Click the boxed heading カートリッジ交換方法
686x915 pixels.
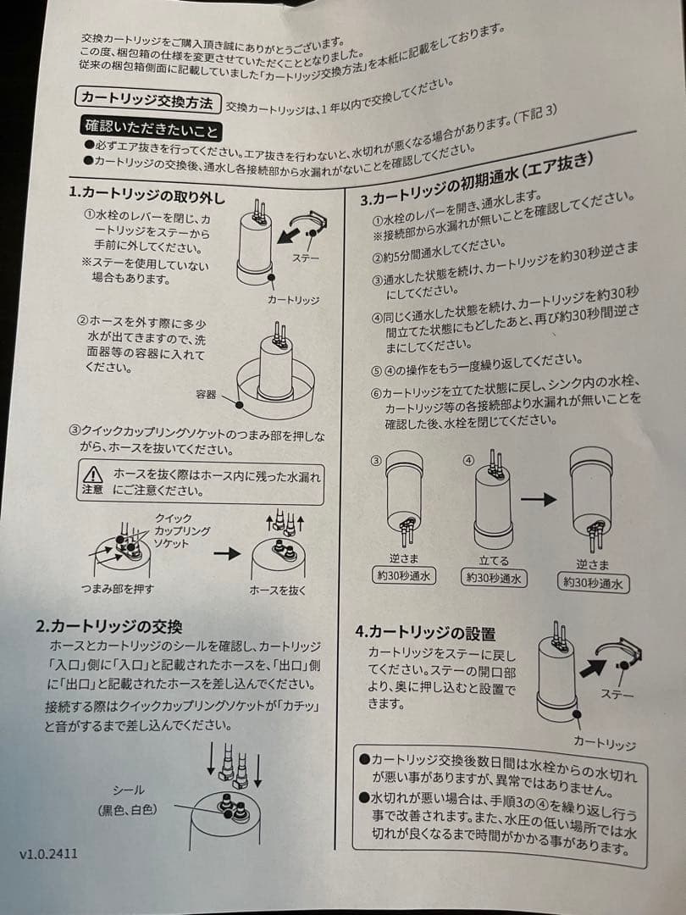[147, 100]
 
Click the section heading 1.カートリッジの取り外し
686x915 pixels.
[147, 194]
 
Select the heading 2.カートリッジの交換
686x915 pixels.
[109, 626]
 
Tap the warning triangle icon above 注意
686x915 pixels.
[92, 474]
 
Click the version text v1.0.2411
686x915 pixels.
[48, 854]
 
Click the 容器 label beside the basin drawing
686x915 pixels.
[206, 395]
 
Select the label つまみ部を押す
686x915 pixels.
[118, 588]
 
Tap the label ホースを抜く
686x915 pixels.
[278, 590]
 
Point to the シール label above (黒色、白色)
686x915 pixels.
[128, 790]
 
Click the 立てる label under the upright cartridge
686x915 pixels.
[494, 560]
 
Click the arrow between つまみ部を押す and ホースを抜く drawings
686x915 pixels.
[227, 553]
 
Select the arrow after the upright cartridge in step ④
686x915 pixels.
[539, 499]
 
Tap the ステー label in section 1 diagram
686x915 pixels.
[306, 258]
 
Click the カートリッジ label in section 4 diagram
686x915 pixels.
[605, 744]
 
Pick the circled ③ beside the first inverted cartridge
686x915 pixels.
[376, 460]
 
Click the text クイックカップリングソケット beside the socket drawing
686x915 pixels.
[182, 530]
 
